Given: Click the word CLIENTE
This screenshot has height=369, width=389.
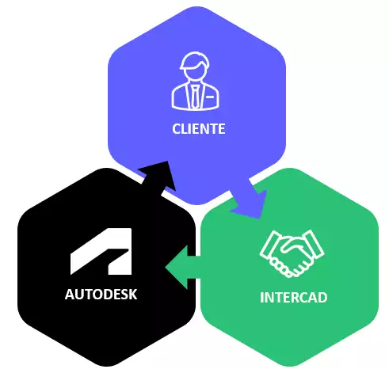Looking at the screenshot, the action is pyautogui.click(x=199, y=129).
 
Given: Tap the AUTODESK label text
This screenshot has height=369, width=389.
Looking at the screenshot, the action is pyautogui.click(x=101, y=295).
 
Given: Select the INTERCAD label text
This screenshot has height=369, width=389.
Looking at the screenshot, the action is pyautogui.click(x=294, y=298).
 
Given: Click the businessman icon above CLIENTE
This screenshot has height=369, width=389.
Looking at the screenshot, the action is pyautogui.click(x=196, y=81).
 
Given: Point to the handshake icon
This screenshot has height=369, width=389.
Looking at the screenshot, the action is pyautogui.click(x=292, y=253).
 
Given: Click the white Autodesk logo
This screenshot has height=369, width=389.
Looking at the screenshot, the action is pyautogui.click(x=101, y=251).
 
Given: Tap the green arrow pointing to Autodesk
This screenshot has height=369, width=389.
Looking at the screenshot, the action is pyautogui.click(x=182, y=267).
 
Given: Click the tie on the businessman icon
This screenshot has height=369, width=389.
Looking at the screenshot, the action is pyautogui.click(x=195, y=97).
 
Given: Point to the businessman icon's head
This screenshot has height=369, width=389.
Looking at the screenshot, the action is pyautogui.click(x=195, y=65).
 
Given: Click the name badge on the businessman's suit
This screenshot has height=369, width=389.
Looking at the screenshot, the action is pyautogui.click(x=210, y=97).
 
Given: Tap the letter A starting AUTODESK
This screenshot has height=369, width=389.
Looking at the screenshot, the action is pyautogui.click(x=70, y=295).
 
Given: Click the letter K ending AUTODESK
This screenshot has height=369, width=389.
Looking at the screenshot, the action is pyautogui.click(x=133, y=295).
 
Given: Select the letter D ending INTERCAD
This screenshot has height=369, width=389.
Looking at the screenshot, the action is pyautogui.click(x=322, y=298).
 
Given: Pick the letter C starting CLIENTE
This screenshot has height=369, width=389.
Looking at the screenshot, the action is pyautogui.click(x=177, y=129).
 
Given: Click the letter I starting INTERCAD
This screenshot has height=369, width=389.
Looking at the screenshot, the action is pyautogui.click(x=261, y=298).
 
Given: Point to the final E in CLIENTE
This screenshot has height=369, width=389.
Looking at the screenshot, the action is pyautogui.click(x=222, y=129).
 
